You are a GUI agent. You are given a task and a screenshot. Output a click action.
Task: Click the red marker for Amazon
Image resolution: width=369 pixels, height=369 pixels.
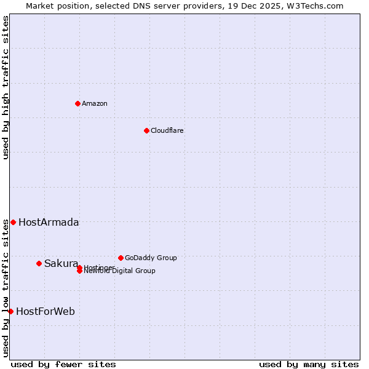77,103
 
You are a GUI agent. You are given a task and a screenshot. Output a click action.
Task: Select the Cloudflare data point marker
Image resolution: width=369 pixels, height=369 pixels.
146,130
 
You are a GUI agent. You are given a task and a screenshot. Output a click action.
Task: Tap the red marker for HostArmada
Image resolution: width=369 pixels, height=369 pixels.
13,222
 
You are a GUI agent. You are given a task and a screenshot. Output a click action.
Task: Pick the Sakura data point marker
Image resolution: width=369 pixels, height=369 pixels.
39,263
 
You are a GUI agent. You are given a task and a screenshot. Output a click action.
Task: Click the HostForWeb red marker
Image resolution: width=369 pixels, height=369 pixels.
10,311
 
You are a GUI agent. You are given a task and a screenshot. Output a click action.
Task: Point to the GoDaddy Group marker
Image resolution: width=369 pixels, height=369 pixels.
121,258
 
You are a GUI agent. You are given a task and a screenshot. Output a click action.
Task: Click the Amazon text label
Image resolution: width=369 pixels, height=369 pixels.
95,103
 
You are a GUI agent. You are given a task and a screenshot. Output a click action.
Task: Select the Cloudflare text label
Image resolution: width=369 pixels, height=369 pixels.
167,130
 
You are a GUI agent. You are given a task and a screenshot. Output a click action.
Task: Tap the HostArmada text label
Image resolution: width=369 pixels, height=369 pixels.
49,223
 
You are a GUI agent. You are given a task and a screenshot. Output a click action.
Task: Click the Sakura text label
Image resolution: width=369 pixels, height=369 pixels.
61,264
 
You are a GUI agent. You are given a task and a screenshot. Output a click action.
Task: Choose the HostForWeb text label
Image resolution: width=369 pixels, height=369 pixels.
46,312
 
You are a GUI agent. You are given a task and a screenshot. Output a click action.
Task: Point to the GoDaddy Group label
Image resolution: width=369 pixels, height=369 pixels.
151,258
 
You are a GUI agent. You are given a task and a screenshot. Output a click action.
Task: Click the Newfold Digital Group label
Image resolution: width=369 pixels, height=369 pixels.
120,271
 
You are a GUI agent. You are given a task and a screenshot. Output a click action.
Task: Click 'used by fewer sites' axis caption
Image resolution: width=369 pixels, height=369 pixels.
63,365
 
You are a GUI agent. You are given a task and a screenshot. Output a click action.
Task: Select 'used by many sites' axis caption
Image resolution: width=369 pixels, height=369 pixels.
309,365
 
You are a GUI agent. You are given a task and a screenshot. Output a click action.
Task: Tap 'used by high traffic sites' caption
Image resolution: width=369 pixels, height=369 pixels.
6,87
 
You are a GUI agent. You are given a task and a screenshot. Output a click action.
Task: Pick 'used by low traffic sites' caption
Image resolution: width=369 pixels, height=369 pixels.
6,288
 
